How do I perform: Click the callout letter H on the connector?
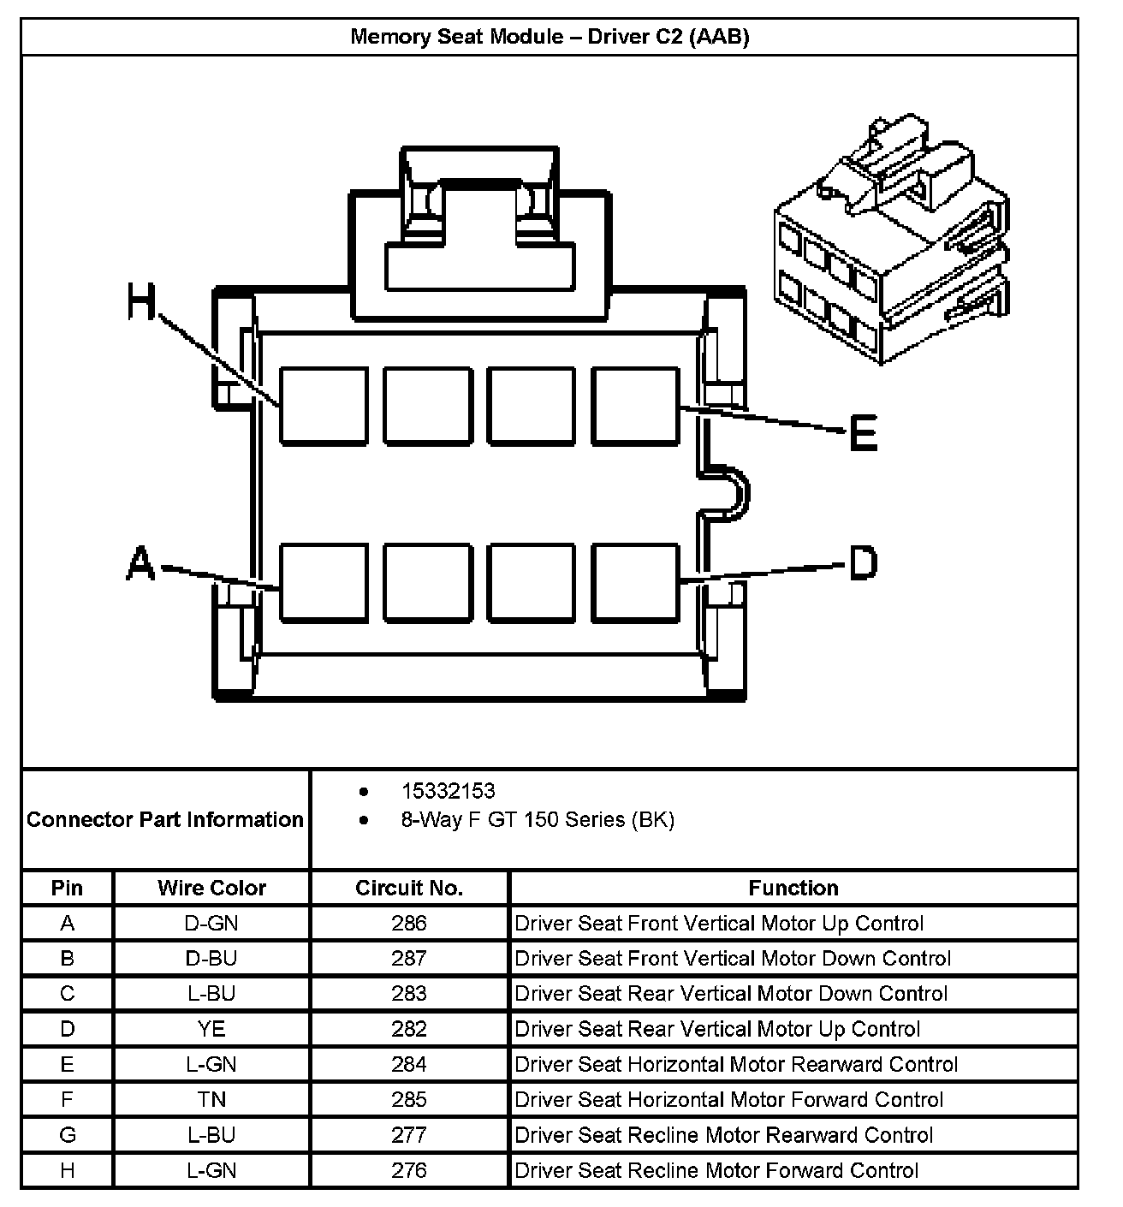click(x=142, y=302)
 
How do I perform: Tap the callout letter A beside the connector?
click(x=141, y=564)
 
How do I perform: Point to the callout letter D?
click(x=863, y=563)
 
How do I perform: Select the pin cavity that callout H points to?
click(x=324, y=406)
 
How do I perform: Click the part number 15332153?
click(x=448, y=791)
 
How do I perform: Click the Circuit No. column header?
click(x=408, y=888)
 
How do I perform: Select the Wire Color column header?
click(x=211, y=888)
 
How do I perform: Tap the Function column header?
click(x=793, y=888)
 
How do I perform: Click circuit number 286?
click(x=408, y=923)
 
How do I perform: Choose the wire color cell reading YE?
click(x=211, y=1028)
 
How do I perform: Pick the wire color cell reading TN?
click(x=211, y=1099)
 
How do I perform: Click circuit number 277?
click(x=408, y=1135)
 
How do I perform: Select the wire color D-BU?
click(x=211, y=958)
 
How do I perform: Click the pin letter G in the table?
click(x=68, y=1135)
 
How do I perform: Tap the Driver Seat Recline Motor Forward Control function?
click(x=716, y=1170)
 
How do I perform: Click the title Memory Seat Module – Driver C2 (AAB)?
click(x=550, y=37)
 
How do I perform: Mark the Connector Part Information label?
click(x=165, y=819)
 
